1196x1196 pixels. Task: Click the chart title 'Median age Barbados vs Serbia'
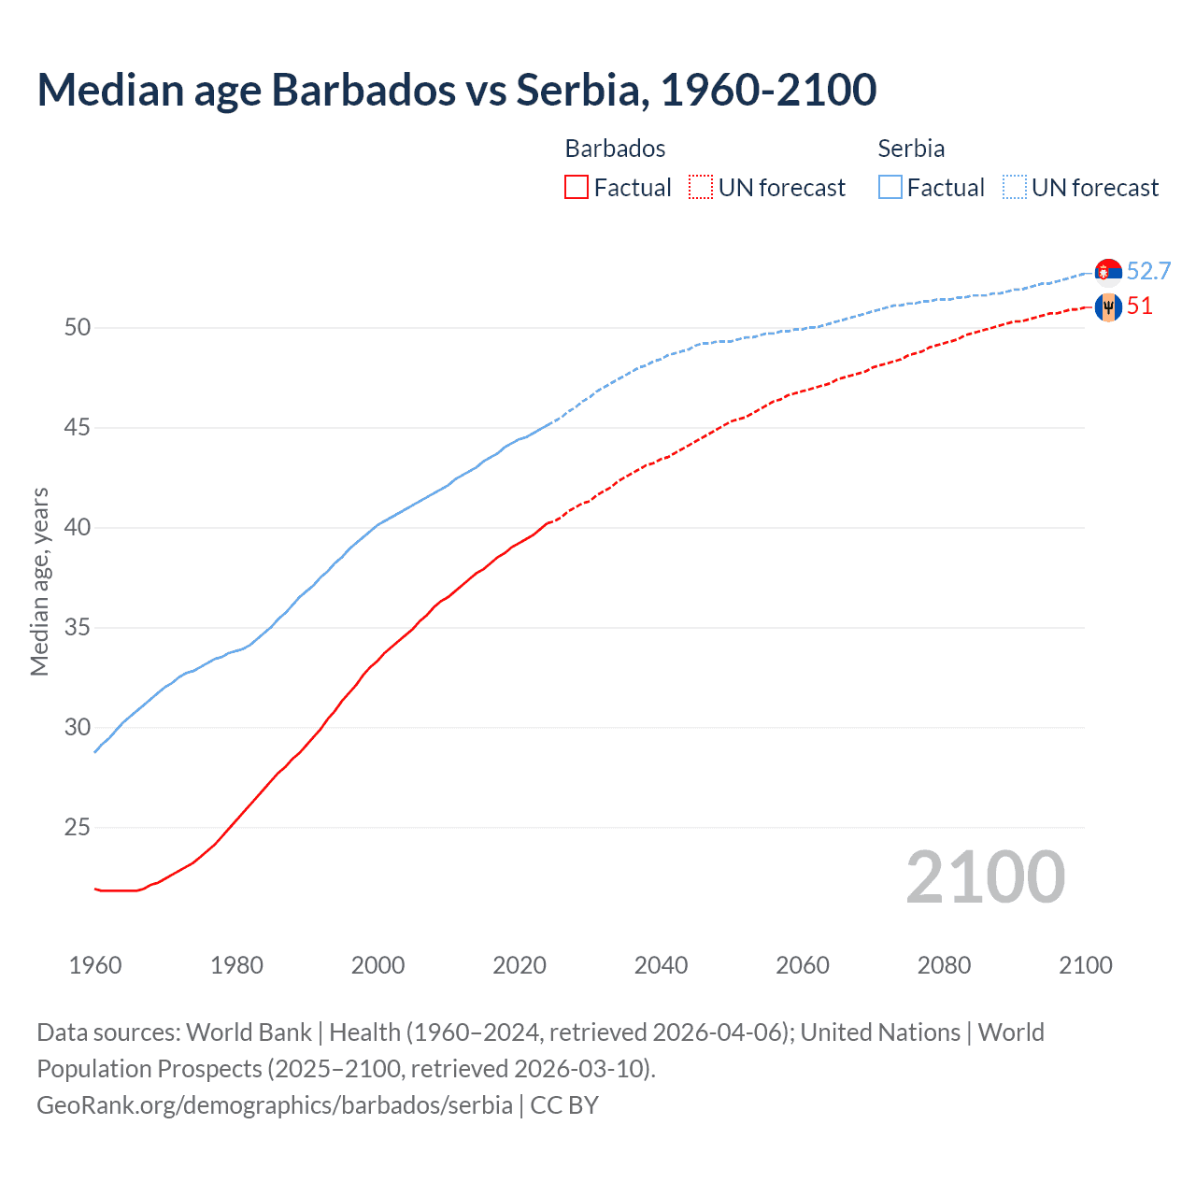pyautogui.click(x=456, y=90)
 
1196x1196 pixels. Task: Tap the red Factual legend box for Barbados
pyautogui.click(x=577, y=188)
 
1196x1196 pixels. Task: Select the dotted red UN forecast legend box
pyautogui.click(x=701, y=188)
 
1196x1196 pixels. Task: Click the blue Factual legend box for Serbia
pyautogui.click(x=890, y=188)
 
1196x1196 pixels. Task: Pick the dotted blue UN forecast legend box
pyautogui.click(x=1014, y=188)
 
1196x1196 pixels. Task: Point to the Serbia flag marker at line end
pyautogui.click(x=1108, y=271)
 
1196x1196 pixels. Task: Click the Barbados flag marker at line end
pyautogui.click(x=1108, y=306)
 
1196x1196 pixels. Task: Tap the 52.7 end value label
pyautogui.click(x=1148, y=271)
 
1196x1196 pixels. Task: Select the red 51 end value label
pyautogui.click(x=1140, y=306)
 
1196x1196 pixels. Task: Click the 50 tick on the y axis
pyautogui.click(x=78, y=328)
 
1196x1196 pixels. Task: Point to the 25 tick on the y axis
pyautogui.click(x=78, y=828)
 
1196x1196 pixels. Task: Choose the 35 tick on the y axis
pyautogui.click(x=78, y=628)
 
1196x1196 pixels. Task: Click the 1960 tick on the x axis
pyautogui.click(x=95, y=965)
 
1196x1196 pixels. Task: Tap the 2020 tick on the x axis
pyautogui.click(x=520, y=965)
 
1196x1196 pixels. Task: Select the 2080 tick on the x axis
pyautogui.click(x=944, y=965)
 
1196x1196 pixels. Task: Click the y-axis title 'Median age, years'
pyautogui.click(x=39, y=581)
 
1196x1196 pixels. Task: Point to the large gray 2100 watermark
pyautogui.click(x=985, y=877)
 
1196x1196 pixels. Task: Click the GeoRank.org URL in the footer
pyautogui.click(x=274, y=1105)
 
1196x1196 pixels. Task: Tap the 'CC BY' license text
pyautogui.click(x=564, y=1105)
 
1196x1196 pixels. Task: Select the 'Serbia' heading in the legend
pyautogui.click(x=911, y=149)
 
